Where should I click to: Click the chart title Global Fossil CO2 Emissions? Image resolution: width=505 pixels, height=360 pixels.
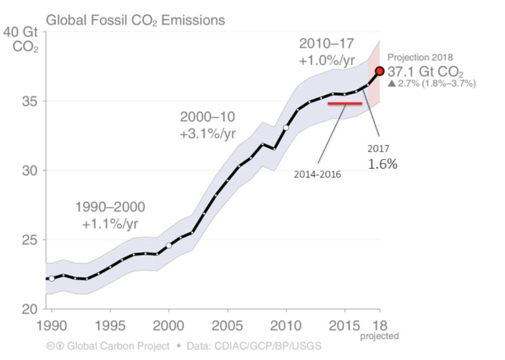pyautogui.click(x=135, y=20)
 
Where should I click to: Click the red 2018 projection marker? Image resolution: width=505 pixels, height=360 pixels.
pyautogui.click(x=379, y=71)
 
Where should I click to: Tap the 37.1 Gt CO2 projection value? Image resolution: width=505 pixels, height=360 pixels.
pyautogui.click(x=427, y=72)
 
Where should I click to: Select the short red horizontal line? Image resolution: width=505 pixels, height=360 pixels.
pyautogui.click(x=345, y=103)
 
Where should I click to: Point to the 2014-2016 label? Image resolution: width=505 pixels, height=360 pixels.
pyautogui.click(x=312, y=174)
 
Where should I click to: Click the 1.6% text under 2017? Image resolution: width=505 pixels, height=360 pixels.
pyautogui.click(x=382, y=164)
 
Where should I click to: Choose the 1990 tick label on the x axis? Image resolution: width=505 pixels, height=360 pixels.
pyautogui.click(x=51, y=326)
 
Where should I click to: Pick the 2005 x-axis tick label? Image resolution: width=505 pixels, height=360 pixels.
pyautogui.click(x=228, y=326)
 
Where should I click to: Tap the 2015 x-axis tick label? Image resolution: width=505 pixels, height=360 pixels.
pyautogui.click(x=345, y=326)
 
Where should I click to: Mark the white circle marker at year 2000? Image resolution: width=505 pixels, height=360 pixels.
pyautogui.click(x=169, y=245)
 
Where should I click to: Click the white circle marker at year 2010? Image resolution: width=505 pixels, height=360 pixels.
pyautogui.click(x=286, y=127)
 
